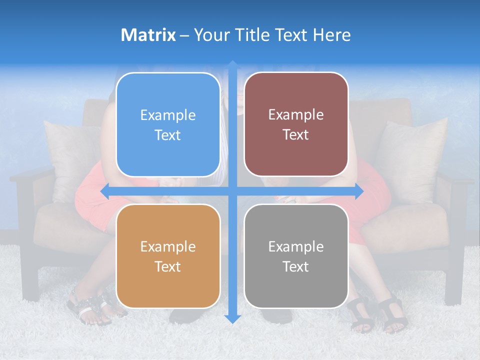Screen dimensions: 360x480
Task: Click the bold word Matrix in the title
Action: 148,35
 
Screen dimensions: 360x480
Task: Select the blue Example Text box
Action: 168,125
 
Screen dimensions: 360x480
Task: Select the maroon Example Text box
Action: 296,124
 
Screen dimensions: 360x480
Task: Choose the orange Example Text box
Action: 168,256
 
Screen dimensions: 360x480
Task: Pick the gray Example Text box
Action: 296,256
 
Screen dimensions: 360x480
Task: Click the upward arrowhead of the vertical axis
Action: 232,64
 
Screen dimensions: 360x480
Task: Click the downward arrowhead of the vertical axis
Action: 232,319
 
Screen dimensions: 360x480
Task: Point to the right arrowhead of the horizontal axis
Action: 359,191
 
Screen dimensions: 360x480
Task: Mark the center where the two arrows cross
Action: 232,191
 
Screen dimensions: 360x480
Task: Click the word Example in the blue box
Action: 168,115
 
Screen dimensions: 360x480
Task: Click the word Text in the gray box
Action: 296,266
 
